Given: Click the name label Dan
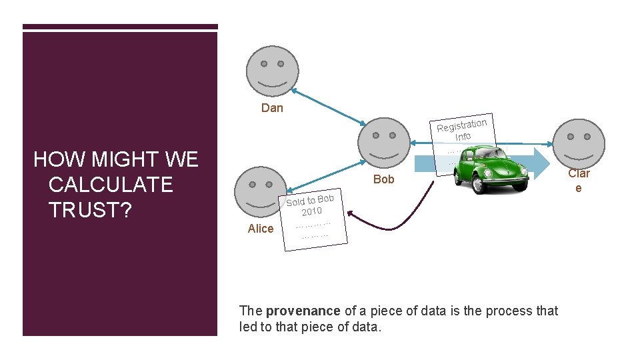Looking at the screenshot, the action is pyautogui.click(x=272, y=108).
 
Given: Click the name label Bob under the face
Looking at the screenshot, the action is pyautogui.click(x=384, y=179).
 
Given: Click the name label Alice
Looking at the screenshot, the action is pyautogui.click(x=260, y=229).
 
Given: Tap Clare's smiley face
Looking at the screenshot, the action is pyautogui.click(x=579, y=143).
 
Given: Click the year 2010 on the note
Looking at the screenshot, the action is pyautogui.click(x=311, y=212).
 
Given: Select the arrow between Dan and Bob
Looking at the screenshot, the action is pyautogui.click(x=327, y=107).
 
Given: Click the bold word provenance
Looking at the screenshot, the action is pyautogui.click(x=303, y=311).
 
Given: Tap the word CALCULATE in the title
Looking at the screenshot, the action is pyautogui.click(x=111, y=185).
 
